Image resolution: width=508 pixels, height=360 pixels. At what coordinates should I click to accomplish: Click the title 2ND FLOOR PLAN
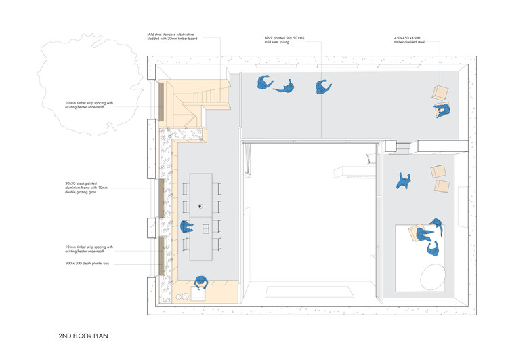click(x=83, y=335)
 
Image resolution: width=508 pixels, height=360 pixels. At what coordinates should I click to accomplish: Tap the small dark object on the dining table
click(x=200, y=205)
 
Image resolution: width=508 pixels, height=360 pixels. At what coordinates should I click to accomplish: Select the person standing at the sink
click(x=200, y=284)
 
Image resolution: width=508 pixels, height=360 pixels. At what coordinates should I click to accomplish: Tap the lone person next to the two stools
click(x=404, y=181)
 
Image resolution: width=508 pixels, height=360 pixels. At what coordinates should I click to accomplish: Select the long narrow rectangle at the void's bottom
click(x=309, y=292)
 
